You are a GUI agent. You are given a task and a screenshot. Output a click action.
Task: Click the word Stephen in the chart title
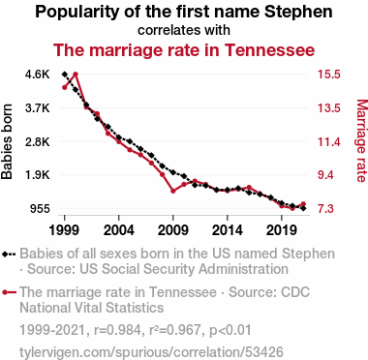(x=298, y=13)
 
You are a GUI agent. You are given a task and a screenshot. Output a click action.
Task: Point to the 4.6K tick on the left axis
(x=38, y=75)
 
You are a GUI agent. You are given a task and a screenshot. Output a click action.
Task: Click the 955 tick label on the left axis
(x=40, y=209)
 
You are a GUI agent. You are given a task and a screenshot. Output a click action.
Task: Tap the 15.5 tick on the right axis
(x=329, y=75)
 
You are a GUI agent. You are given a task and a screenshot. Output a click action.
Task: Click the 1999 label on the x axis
(x=64, y=230)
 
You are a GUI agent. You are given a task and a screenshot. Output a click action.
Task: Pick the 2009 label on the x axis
(x=173, y=230)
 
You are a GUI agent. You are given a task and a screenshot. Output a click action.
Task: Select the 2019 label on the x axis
(x=282, y=230)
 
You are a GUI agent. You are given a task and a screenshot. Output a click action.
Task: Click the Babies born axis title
(x=7, y=141)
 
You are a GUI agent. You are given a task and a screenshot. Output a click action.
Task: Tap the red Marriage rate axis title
(x=362, y=141)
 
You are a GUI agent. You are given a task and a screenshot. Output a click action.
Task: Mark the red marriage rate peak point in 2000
(x=76, y=75)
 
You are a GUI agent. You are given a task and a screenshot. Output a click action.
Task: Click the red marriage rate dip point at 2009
(x=173, y=191)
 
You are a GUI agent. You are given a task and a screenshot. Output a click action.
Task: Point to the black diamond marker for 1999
(x=65, y=75)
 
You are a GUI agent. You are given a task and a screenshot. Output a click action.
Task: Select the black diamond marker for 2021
(x=303, y=208)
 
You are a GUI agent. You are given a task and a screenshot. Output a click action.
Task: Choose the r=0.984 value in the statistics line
(x=117, y=330)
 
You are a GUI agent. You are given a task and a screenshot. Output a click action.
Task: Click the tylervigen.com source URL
(x=151, y=352)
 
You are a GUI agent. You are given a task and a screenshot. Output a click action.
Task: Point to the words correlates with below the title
(x=184, y=30)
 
